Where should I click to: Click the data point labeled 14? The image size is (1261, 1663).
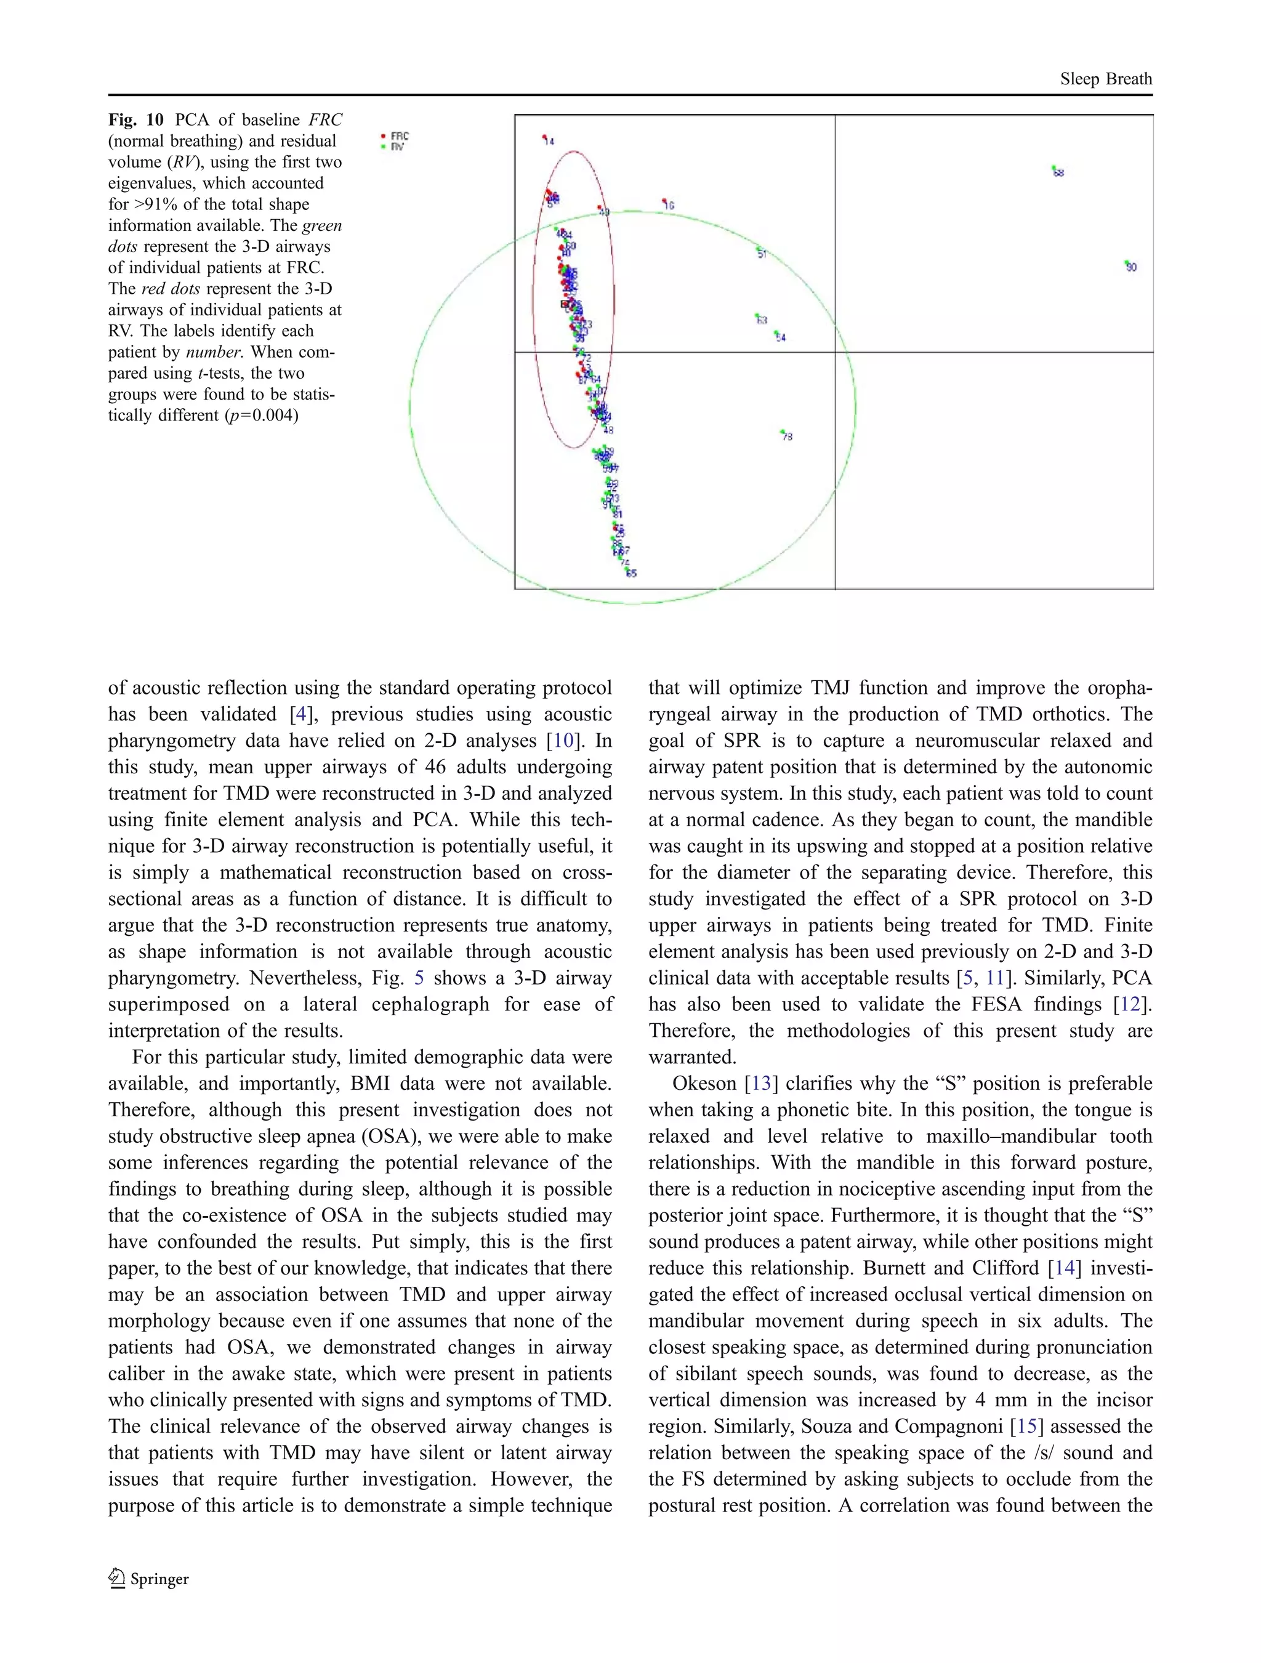coord(545,137)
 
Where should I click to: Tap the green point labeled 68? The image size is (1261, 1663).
coord(1054,169)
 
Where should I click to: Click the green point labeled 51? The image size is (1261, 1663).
coord(758,251)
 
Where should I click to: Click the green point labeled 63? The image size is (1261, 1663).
coord(757,316)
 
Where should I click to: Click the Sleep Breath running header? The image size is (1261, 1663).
coord(1105,79)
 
